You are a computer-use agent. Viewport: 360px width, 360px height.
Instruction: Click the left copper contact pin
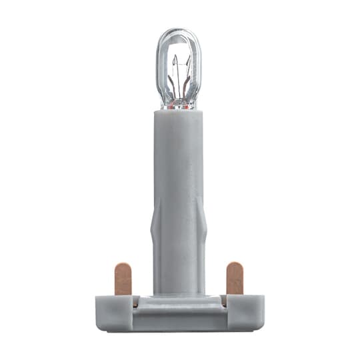123,280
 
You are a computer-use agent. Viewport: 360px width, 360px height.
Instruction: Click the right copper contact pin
234,280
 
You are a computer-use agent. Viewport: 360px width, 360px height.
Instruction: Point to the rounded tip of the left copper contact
123,266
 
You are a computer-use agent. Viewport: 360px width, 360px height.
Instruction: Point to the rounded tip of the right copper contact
234,266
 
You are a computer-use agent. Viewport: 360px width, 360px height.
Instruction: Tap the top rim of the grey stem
179,113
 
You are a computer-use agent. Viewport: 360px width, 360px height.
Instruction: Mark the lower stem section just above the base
179,273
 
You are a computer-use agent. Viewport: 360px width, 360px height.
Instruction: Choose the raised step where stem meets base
179,301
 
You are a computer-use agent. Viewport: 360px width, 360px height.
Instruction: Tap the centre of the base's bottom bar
179,323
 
